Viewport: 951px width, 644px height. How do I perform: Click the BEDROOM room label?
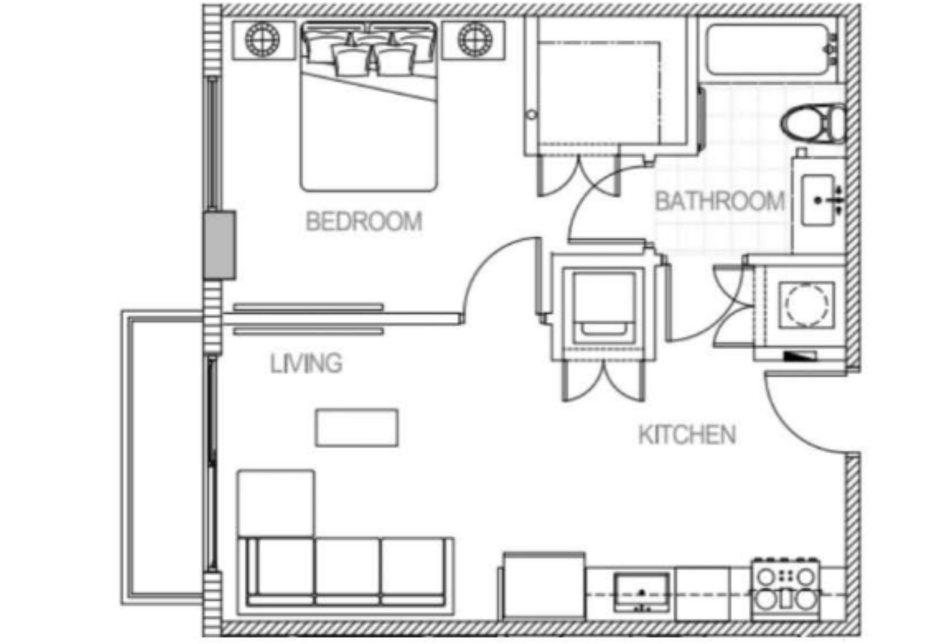[x=364, y=221]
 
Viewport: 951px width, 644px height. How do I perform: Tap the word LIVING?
[x=306, y=364]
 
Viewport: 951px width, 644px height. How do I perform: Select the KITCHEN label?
[x=687, y=435]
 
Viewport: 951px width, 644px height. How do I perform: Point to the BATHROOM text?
[x=720, y=202]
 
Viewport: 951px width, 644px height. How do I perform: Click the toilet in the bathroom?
[x=813, y=123]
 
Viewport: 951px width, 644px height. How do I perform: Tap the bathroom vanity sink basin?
[x=818, y=201]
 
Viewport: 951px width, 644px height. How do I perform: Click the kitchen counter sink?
[x=641, y=592]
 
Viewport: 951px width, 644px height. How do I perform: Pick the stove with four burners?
[x=785, y=590]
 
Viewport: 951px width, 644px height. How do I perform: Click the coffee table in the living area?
[x=357, y=428]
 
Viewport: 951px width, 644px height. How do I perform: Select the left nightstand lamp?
[x=263, y=39]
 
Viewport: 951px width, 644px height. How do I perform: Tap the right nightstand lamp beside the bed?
[x=475, y=39]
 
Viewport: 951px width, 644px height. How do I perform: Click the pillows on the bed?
[x=369, y=52]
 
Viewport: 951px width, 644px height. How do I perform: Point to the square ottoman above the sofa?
[x=276, y=503]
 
